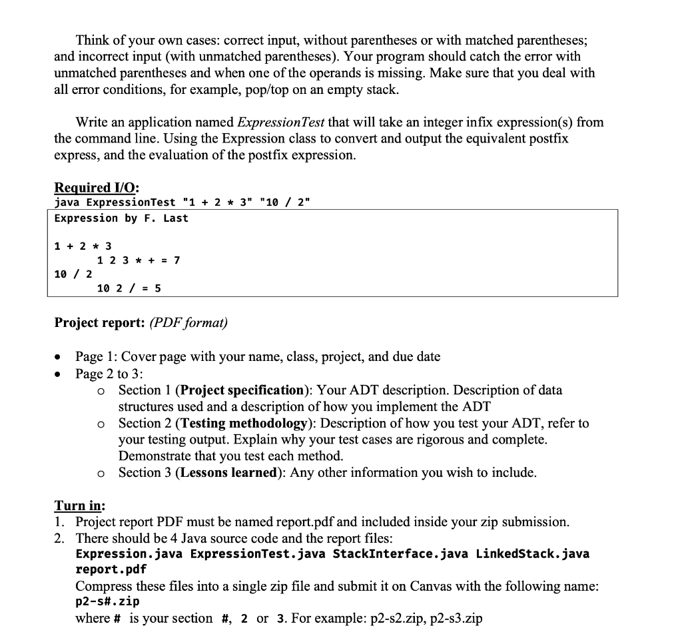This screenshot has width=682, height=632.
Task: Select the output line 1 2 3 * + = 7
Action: click(139, 260)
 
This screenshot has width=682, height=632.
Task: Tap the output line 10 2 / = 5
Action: click(129, 288)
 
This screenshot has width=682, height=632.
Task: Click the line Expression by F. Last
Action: click(121, 218)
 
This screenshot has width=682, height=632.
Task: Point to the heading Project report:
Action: click(99, 323)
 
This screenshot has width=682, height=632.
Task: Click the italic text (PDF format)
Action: click(188, 323)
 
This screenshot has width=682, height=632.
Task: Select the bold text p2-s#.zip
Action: click(107, 602)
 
